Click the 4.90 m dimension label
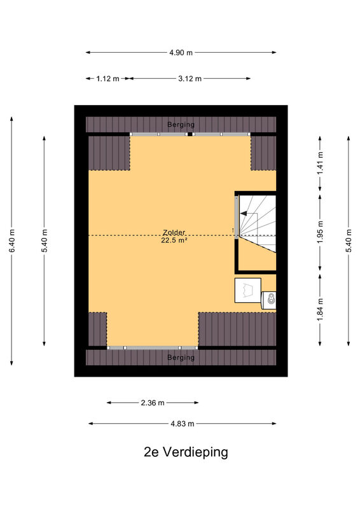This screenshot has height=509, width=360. coord(181,52)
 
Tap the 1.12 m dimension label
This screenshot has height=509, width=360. coord(107,78)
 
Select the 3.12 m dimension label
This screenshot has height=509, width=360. coord(190,78)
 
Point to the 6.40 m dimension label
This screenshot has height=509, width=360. coord(12,241)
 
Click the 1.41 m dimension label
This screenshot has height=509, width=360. coord(321,163)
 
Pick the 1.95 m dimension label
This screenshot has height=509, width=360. coord(321,232)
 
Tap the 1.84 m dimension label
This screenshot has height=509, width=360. coord(321,309)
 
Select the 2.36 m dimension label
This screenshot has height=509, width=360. coord(153,403)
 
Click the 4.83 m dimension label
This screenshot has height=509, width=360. coord(182,424)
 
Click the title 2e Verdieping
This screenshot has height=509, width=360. coord(186,452)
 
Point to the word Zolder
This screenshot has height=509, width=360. coord(174,232)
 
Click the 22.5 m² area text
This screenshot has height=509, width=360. coord(174,241)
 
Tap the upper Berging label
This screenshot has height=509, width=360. coord(181,124)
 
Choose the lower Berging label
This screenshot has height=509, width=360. coord(181,358)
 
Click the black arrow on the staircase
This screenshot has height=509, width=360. coord(244,213)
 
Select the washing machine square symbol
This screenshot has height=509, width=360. coord(247,290)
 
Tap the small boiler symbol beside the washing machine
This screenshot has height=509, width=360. coord(269,300)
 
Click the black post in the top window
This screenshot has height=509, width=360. coord(190,134)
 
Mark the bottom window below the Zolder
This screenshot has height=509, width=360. coord(153,347)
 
